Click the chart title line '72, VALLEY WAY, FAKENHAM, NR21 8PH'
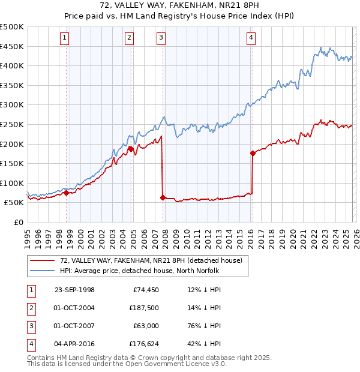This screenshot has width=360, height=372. click(180, 5)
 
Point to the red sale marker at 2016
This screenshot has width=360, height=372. click(253, 153)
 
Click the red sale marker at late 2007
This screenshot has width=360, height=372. click(163, 197)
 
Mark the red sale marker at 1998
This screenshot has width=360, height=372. click(66, 193)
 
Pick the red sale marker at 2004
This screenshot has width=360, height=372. click(130, 148)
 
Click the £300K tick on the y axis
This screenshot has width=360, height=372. click(12, 104)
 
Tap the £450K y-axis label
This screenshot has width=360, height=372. click(12, 46)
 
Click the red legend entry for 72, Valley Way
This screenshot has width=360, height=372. click(151, 260)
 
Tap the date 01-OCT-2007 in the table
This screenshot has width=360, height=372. click(74, 325)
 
